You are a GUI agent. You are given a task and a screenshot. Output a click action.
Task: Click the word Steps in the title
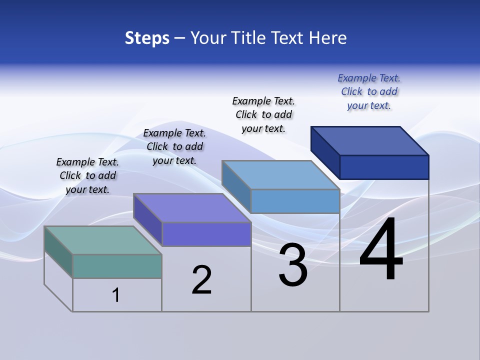pos(147,38)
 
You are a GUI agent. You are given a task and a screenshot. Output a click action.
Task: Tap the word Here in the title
pos(328,38)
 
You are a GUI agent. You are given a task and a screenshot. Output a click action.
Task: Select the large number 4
pos(381,250)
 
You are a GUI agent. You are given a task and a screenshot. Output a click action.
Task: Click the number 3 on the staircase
pos(293,265)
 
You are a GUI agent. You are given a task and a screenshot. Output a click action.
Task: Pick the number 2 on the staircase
pos(201,280)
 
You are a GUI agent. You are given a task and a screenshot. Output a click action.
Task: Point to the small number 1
pos(116,295)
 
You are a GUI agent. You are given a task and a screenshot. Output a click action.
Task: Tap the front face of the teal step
pos(117,266)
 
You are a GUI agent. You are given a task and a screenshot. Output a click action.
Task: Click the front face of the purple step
pos(206,234)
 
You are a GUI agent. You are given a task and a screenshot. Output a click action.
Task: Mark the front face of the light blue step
pos(295,201)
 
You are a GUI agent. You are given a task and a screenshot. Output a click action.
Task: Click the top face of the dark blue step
pos(370,141)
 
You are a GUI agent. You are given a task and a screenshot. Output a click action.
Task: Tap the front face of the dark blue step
pos(384,167)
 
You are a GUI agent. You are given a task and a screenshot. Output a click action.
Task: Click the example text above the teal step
pos(87,175)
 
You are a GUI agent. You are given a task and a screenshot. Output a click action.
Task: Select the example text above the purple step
pos(174,146)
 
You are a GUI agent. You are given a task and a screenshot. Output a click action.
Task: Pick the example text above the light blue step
pos(263,114)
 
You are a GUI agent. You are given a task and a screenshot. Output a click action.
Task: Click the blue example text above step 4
pos(369,91)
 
